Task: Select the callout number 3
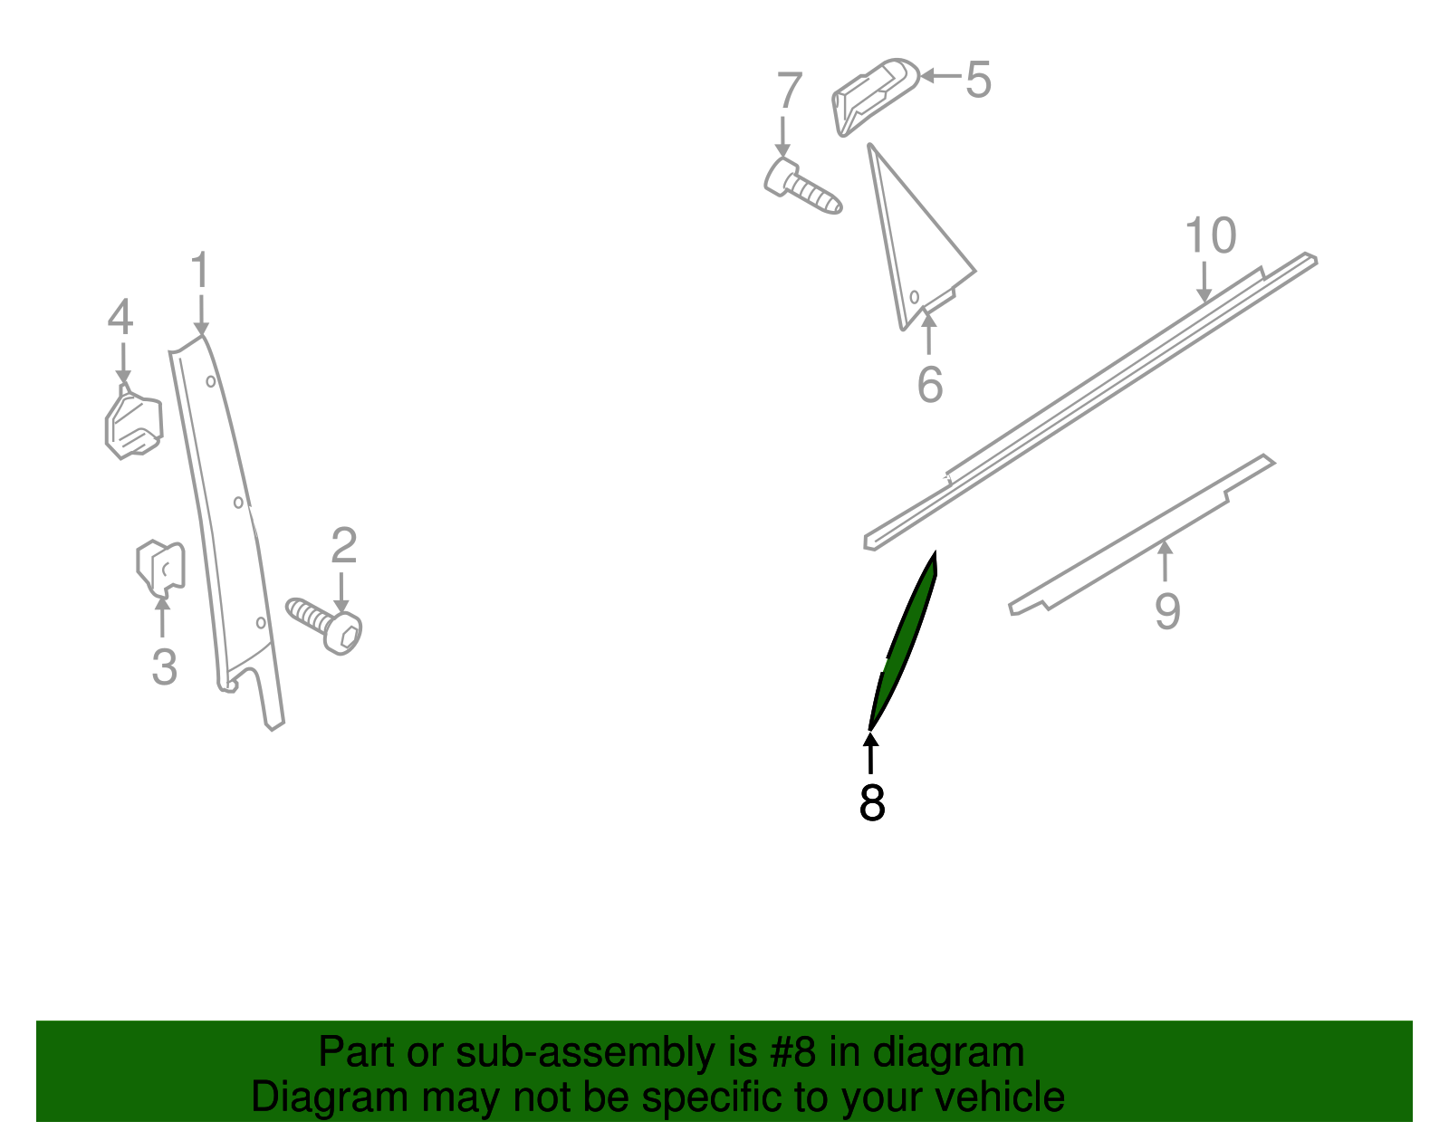[165, 666]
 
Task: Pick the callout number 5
[978, 80]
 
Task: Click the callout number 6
[930, 385]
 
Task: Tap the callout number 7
[790, 90]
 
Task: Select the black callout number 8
[872, 803]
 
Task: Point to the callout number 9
[1167, 611]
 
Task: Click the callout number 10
[1210, 235]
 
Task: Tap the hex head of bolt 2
[342, 634]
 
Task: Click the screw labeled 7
[802, 186]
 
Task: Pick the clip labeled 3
[160, 567]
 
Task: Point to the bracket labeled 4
[134, 422]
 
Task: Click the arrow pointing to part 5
[940, 76]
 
